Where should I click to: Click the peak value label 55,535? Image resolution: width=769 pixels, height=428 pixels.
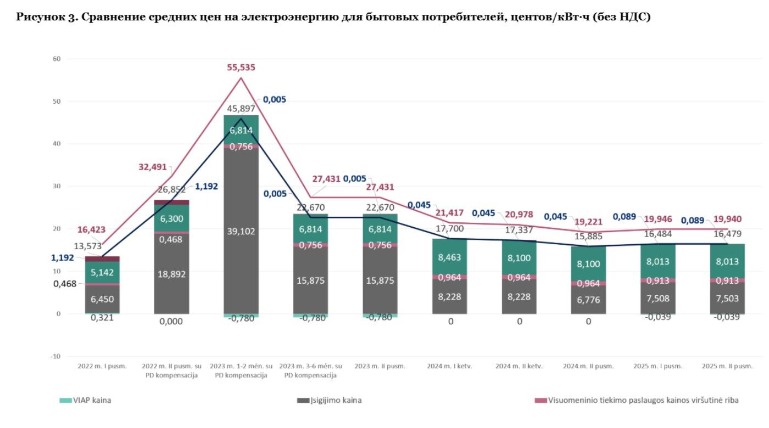click(x=241, y=67)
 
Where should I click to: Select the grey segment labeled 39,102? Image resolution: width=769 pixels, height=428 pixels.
click(x=241, y=231)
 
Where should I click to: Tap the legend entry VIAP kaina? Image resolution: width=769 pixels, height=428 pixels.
click(x=92, y=400)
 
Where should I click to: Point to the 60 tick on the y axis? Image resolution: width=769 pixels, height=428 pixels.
click(x=57, y=59)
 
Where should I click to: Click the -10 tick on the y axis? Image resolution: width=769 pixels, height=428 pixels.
click(x=55, y=356)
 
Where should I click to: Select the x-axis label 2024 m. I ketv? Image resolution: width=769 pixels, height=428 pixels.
click(x=449, y=366)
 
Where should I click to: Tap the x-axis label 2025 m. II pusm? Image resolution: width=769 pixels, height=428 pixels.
click(x=727, y=366)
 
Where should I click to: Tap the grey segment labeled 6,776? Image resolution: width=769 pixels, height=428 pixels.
click(x=588, y=300)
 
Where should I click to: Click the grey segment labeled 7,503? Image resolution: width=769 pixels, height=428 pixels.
click(x=727, y=298)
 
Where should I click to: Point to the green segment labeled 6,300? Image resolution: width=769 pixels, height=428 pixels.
click(x=171, y=218)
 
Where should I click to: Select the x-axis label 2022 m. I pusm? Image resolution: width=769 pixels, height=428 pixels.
click(x=102, y=366)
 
